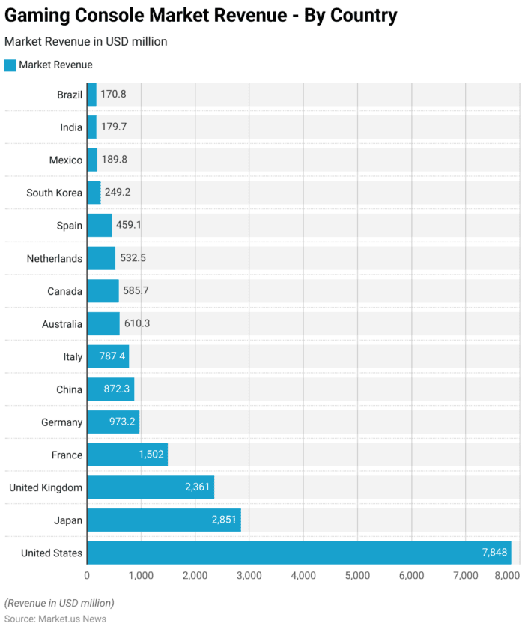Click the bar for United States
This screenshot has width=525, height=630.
click(298, 553)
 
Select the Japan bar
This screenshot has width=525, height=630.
click(163, 520)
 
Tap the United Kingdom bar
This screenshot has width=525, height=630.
click(150, 487)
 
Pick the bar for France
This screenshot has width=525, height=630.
click(127, 454)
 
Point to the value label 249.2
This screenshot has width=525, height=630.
click(118, 193)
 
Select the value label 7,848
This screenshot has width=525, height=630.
click(494, 553)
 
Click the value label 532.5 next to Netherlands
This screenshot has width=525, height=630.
click(133, 258)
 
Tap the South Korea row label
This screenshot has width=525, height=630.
click(54, 193)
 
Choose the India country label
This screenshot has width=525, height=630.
click(71, 127)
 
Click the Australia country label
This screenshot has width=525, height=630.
click(62, 324)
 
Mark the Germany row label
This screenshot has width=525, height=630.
click(61, 422)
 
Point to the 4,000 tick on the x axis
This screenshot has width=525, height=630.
click(303, 575)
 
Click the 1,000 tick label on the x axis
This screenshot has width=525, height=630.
click(140, 575)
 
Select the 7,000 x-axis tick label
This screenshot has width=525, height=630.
click(465, 575)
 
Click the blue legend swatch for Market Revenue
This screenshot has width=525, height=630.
click(10, 65)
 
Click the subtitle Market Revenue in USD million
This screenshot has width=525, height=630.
click(85, 42)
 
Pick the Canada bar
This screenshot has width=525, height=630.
click(103, 291)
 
